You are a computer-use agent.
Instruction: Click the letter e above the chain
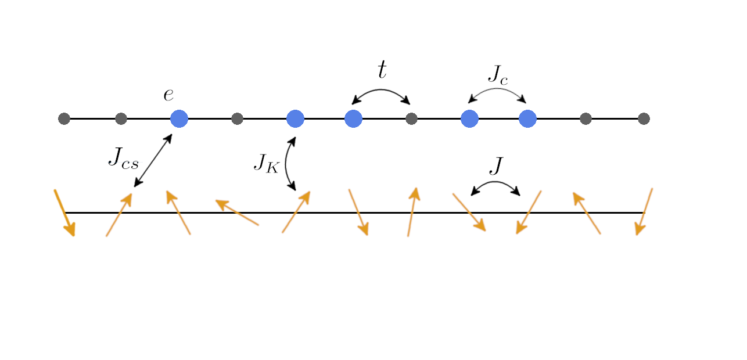[x=168, y=95]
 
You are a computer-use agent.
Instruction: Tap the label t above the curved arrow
[x=382, y=70]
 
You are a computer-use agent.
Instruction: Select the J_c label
[x=497, y=74]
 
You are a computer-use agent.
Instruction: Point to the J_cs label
[x=123, y=157]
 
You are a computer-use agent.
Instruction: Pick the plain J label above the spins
[x=495, y=166]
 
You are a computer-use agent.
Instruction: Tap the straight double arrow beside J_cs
[x=153, y=161]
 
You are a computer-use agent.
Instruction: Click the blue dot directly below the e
[x=179, y=118]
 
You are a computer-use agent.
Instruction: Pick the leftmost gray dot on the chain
[x=64, y=118]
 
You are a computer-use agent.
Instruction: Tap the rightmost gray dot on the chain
[x=644, y=118]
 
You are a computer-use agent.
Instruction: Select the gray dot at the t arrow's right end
[x=411, y=118]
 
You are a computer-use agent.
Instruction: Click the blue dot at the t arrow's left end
[x=353, y=118]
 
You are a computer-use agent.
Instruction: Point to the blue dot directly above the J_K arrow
[x=295, y=118]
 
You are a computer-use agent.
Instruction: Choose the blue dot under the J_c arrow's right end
[x=527, y=118]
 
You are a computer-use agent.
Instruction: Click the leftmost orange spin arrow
[x=64, y=213]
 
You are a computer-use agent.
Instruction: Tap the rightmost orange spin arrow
[x=645, y=211]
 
